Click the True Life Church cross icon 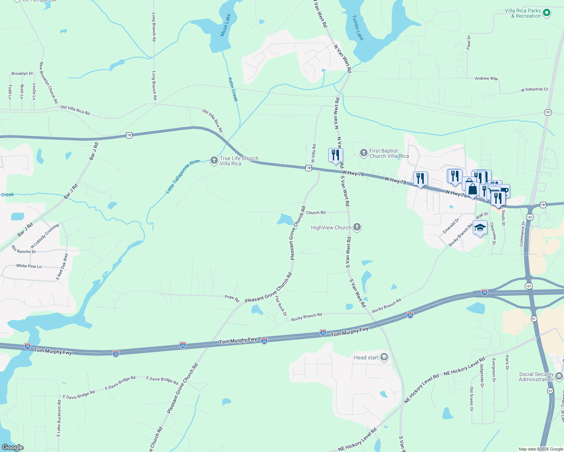click(x=214, y=161)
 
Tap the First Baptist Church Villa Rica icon click(x=363, y=153)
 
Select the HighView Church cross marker click(x=357, y=227)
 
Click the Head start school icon click(x=384, y=357)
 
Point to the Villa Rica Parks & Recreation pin click(x=547, y=13)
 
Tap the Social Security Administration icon click(x=559, y=376)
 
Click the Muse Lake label click(x=225, y=25)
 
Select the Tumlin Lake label click(x=358, y=27)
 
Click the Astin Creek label click(x=233, y=89)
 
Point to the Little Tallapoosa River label click(x=183, y=177)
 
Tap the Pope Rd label click(x=232, y=298)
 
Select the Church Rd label click(x=316, y=212)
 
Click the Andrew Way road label click(x=486, y=78)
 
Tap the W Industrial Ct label click(x=534, y=90)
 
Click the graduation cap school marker click(x=480, y=228)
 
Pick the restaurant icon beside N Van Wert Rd click(x=336, y=155)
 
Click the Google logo click(x=13, y=447)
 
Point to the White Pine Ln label click(x=29, y=266)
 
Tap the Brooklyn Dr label click(x=22, y=73)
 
